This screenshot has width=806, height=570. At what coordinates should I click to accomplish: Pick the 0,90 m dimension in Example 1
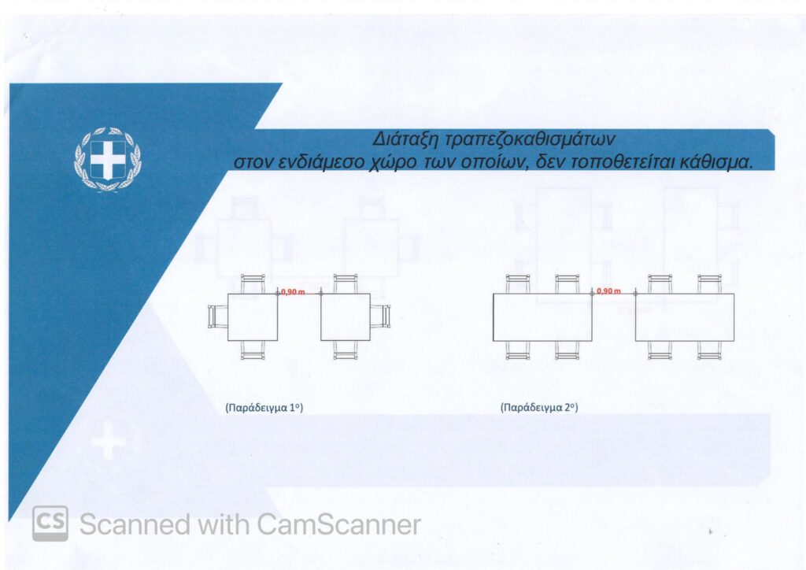[x=293, y=292]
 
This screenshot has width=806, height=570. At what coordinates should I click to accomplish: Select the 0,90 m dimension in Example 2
[x=608, y=291]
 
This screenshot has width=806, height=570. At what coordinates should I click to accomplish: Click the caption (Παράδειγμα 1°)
[x=264, y=408]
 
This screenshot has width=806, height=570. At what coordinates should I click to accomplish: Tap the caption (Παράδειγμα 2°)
[x=538, y=408]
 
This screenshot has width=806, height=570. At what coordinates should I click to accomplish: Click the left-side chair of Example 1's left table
[x=218, y=316]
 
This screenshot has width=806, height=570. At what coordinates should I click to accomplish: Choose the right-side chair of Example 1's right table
[x=380, y=316]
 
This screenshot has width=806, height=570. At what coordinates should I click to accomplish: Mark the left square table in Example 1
[x=253, y=317]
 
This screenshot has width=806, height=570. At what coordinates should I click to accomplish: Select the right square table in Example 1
[x=346, y=317]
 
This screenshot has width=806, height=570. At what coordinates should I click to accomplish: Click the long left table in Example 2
[x=543, y=317]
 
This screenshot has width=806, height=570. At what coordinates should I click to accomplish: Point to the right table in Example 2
[x=685, y=317]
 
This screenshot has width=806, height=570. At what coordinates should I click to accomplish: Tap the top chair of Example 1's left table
[x=253, y=284]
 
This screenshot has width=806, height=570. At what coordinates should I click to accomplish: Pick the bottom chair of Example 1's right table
[x=346, y=350]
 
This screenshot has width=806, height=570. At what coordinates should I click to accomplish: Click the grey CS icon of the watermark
[x=50, y=524]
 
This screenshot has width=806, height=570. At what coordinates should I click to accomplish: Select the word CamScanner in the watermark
[x=338, y=525]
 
